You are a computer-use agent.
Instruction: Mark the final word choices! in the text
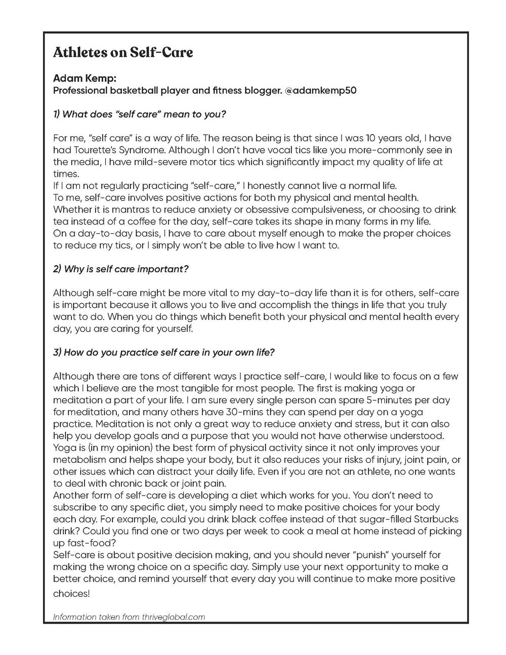tap(71, 593)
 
